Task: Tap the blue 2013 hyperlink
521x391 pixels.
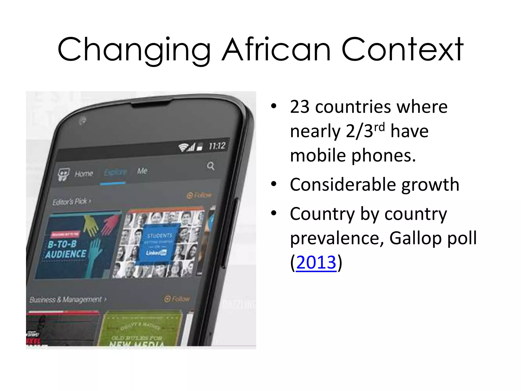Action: pos(316,262)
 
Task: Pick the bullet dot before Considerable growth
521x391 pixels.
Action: pos(274,184)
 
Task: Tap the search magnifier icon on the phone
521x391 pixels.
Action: pos(211,166)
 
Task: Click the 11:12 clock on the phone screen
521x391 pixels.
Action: pos(217,146)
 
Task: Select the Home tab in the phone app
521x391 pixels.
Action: pos(84,174)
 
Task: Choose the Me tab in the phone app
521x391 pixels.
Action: pos(142,171)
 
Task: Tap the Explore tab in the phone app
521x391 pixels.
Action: pos(115,172)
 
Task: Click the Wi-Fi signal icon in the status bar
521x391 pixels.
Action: pos(183,147)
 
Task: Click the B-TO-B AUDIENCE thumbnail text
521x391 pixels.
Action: pos(66,249)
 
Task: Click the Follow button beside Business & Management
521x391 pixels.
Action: pos(177,299)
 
